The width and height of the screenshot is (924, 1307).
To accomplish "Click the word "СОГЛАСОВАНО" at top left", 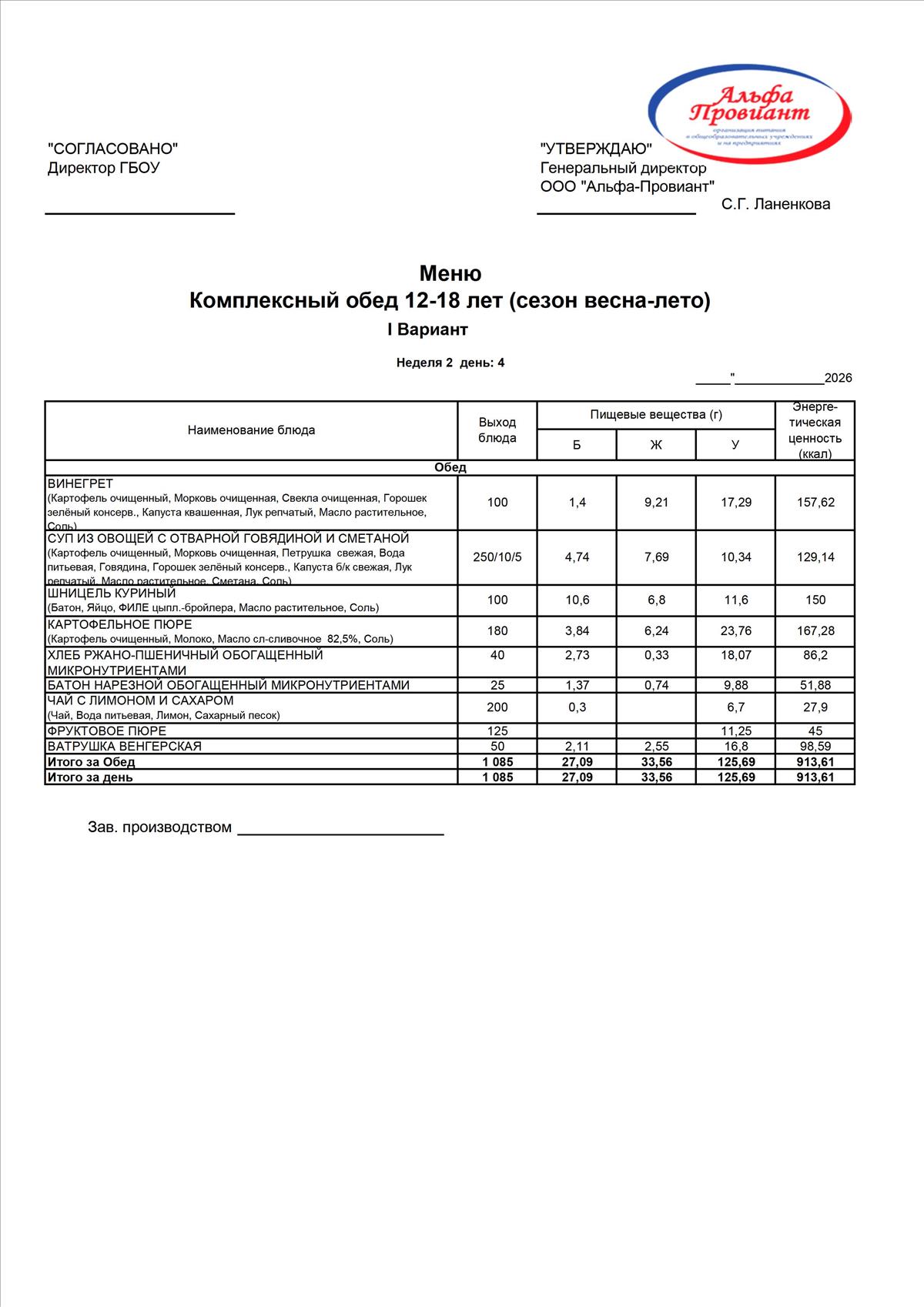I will click(113, 149).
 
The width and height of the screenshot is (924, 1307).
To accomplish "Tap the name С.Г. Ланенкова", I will click(775, 205).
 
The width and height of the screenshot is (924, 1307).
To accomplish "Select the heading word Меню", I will click(450, 274).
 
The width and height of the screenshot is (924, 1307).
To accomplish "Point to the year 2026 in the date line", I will click(838, 378).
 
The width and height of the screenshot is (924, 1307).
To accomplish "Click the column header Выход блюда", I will click(497, 430).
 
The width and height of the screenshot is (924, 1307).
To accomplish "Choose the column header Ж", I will click(656, 445).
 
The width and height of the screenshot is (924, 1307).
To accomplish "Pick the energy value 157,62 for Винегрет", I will click(815, 503).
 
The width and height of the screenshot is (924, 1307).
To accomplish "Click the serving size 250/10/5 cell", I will click(497, 557).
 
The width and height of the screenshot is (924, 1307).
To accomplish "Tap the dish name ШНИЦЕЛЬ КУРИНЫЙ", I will click(112, 593).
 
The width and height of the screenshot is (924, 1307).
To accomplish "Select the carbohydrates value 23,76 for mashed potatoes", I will click(735, 631).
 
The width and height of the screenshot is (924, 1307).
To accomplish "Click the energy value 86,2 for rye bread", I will click(815, 655).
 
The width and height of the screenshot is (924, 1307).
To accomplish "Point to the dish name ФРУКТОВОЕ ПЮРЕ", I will click(107, 731).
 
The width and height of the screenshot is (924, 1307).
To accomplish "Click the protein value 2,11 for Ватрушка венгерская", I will click(577, 747).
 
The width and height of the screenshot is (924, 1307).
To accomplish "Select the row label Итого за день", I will click(90, 777).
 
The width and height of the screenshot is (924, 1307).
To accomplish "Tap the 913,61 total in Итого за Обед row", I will click(815, 762).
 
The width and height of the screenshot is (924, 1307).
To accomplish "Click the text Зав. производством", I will click(159, 827).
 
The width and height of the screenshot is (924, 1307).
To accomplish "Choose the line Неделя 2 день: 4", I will click(450, 363).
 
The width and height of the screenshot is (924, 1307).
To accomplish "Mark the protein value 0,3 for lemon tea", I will click(577, 707).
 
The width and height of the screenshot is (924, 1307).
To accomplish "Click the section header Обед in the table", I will click(450, 468).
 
